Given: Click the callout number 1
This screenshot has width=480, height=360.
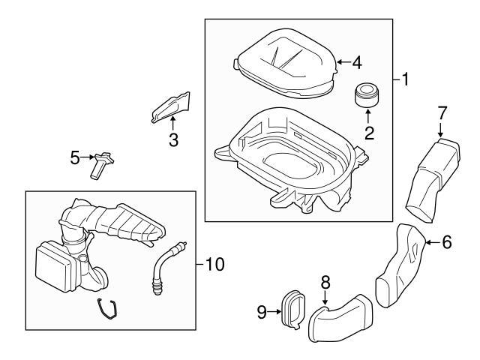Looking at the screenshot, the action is pos(405,79).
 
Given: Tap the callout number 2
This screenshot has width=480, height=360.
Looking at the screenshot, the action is pos(369,133).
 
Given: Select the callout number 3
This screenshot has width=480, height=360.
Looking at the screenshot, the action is pos(173,139).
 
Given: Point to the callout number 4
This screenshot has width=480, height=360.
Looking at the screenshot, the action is pos(357,63).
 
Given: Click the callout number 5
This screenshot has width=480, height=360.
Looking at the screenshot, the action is pos(75,157).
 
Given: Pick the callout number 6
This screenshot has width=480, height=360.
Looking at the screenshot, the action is pos(447,241).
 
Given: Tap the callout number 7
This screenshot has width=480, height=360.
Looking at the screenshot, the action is pos(442,112).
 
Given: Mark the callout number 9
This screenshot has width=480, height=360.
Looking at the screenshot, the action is pos(262,312).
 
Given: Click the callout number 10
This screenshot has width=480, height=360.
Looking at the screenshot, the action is pos(215,264).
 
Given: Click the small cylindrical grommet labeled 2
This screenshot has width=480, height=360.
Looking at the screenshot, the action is pos(367,94).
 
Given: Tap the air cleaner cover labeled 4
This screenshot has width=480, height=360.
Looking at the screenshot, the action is pos(285,64).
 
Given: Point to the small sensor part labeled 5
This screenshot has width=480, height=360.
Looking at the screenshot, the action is pos(101,165).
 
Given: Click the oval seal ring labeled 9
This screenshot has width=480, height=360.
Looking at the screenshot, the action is pos(292,310).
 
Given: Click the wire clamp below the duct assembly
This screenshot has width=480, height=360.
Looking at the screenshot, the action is pos(107,310).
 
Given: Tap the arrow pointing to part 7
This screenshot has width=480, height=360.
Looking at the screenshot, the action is pos(440,130).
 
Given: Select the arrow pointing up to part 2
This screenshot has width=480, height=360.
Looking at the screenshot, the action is pos(368,117).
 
